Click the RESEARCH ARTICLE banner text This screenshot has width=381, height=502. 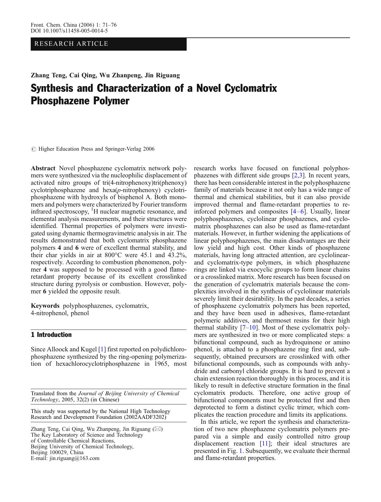coord(71,44)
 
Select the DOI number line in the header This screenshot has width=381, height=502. coord(69,31)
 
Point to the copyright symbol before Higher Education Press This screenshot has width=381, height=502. coord(33,149)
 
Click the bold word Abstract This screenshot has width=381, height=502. coord(43,168)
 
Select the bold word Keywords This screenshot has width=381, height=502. coord(45,306)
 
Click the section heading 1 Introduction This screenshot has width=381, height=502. coord(51,335)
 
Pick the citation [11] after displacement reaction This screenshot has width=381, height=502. coord(265,443)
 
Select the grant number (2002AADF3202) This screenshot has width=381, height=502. coord(145,417)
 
